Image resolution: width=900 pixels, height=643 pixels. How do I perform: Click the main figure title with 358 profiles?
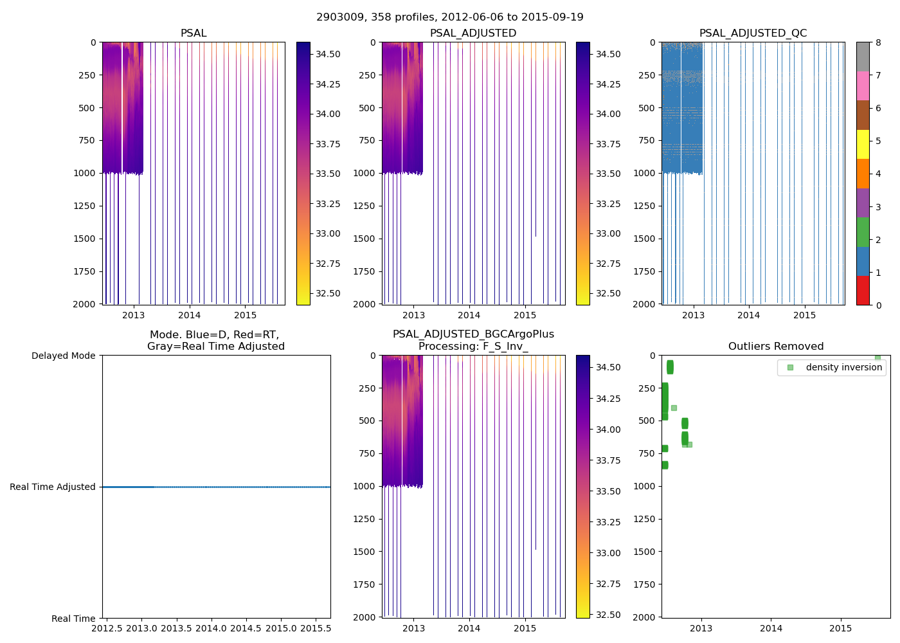coord(450,17)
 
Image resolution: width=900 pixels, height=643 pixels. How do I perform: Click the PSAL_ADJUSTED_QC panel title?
coord(753,33)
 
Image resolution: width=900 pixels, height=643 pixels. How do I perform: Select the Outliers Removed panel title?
coord(775,347)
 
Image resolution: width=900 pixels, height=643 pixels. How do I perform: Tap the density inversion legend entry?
coord(843,367)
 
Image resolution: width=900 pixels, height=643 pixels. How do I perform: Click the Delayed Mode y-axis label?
coord(63,356)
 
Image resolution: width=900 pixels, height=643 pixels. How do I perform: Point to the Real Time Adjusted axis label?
coord(53,487)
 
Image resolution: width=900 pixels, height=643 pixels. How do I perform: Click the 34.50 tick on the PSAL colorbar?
coord(328,55)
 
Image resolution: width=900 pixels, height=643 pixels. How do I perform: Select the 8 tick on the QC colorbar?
coord(878,42)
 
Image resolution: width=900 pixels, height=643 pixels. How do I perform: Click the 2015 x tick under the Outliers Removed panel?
coord(841,628)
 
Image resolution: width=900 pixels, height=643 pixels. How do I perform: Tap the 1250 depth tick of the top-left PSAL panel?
coord(84,206)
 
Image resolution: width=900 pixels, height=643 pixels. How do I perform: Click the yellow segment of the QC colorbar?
coord(863,144)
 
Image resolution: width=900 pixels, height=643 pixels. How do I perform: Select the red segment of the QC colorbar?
coord(863,291)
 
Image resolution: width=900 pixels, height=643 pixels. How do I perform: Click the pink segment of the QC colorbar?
coord(863,86)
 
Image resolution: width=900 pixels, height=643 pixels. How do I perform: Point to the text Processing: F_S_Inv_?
coord(473,347)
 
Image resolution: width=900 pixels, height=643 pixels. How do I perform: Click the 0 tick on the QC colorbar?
coord(878,305)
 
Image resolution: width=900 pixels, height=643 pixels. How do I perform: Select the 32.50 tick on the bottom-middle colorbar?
coord(607,615)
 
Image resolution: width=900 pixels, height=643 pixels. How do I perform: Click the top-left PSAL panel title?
coord(194,33)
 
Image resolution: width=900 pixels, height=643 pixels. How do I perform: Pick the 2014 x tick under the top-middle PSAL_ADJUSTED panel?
coord(469,315)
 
